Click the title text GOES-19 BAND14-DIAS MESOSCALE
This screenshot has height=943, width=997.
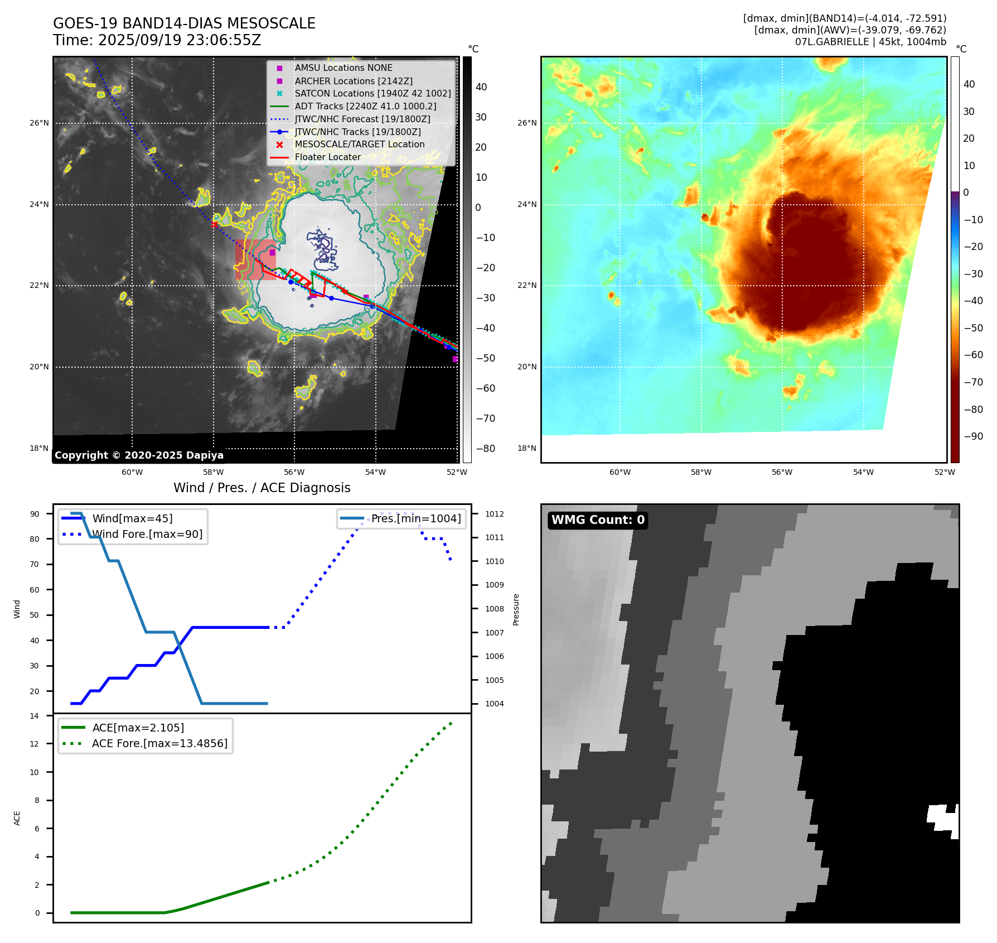coord(184,23)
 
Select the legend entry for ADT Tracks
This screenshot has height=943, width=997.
coord(365,106)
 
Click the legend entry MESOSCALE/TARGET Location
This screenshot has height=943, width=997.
coord(359,144)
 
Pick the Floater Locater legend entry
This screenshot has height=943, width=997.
coord(327,157)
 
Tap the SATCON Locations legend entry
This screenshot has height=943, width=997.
coord(372,93)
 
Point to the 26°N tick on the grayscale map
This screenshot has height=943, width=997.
coord(39,123)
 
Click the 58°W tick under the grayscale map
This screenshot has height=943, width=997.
coord(213,472)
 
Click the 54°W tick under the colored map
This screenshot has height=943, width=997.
coord(863,472)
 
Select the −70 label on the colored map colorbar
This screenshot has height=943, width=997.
coord(974,382)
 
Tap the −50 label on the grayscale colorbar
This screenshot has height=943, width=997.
coord(485,358)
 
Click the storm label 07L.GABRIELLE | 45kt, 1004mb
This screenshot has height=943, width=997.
coord(870,42)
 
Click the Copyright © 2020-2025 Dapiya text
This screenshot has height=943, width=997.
coord(139,455)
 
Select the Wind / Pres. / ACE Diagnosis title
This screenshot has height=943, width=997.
coord(262,488)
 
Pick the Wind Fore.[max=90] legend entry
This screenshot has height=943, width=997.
coord(147,534)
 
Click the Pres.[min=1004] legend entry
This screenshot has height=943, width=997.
coord(416,518)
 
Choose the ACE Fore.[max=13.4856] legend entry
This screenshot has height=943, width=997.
coord(159,743)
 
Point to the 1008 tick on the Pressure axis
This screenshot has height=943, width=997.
coord(494,609)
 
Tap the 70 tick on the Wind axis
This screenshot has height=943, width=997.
coord(35,564)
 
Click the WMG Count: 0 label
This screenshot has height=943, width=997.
coord(598,520)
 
